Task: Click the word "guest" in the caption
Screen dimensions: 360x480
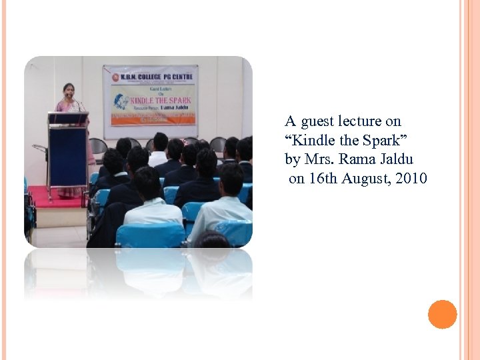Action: pyautogui.click(x=317, y=122)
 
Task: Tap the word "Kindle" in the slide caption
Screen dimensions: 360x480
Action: pyautogui.click(x=311, y=141)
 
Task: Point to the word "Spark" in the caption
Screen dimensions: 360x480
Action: pyautogui.click(x=381, y=141)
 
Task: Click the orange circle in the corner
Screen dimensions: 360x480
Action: pyautogui.click(x=442, y=315)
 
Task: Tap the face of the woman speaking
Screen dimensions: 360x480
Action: pyautogui.click(x=69, y=90)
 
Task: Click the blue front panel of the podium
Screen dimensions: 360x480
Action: pyautogui.click(x=67, y=157)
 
